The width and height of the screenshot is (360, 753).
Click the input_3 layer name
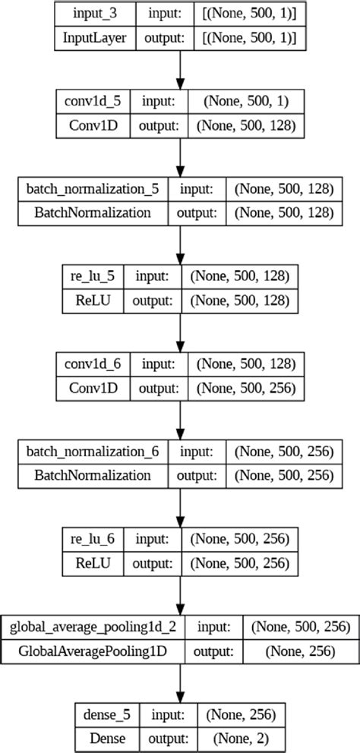tap(93, 14)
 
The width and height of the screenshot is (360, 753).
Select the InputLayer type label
tap(93, 38)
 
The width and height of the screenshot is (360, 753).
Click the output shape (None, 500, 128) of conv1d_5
tap(244, 125)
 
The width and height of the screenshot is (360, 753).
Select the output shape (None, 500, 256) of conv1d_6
tap(244, 387)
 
